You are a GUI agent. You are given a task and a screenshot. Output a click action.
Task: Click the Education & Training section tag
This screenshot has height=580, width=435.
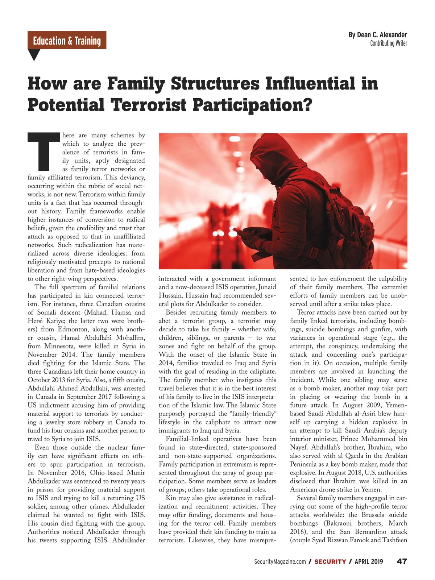pyautogui.click(x=67, y=40)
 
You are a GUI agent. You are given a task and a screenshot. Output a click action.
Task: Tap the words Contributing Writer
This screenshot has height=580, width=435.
pyautogui.click(x=389, y=43)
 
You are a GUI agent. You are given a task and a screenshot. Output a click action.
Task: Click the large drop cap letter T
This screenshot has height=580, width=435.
pyautogui.click(x=43, y=152)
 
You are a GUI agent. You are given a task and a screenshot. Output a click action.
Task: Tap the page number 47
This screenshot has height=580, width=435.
pyautogui.click(x=402, y=562)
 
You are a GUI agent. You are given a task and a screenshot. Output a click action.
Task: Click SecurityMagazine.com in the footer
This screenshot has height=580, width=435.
pyautogui.click(x=280, y=562)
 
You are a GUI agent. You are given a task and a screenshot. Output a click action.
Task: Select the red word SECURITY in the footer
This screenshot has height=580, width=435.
pyautogui.click(x=330, y=562)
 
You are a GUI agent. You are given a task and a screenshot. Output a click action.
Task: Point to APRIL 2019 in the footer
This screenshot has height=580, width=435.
pyautogui.click(x=369, y=562)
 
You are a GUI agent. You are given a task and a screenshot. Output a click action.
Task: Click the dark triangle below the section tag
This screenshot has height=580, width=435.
pyautogui.click(x=34, y=54)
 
